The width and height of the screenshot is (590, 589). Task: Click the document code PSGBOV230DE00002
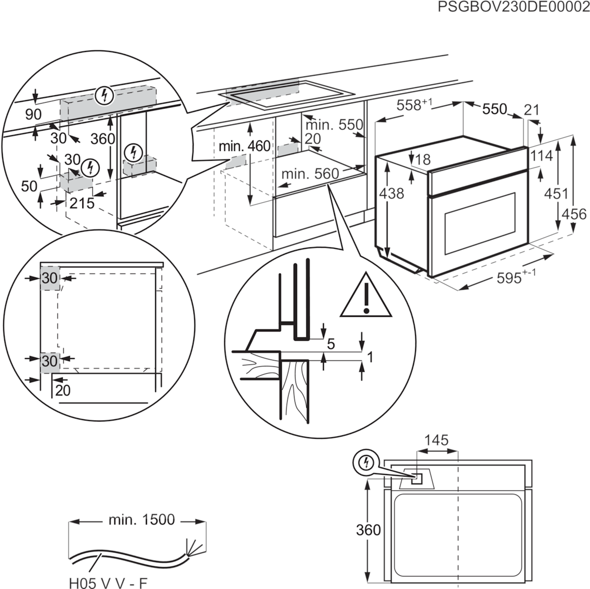coord(513,7)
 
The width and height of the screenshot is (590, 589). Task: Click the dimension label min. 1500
coord(142,520)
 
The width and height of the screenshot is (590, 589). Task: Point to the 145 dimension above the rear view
coord(436,440)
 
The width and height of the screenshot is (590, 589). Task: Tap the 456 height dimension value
coord(574,214)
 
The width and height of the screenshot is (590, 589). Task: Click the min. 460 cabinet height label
coord(244,146)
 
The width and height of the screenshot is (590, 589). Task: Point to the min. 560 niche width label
coord(310,174)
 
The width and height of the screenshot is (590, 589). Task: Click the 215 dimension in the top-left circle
coord(82,203)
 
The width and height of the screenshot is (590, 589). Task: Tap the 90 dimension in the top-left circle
coord(33,115)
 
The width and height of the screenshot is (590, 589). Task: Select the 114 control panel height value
coord(541,156)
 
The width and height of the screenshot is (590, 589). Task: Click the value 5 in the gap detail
coord(331,344)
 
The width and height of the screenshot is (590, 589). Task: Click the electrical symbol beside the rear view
coord(366,462)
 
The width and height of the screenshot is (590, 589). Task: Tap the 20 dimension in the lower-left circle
coord(63,390)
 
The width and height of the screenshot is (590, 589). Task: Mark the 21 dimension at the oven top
coord(532,110)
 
